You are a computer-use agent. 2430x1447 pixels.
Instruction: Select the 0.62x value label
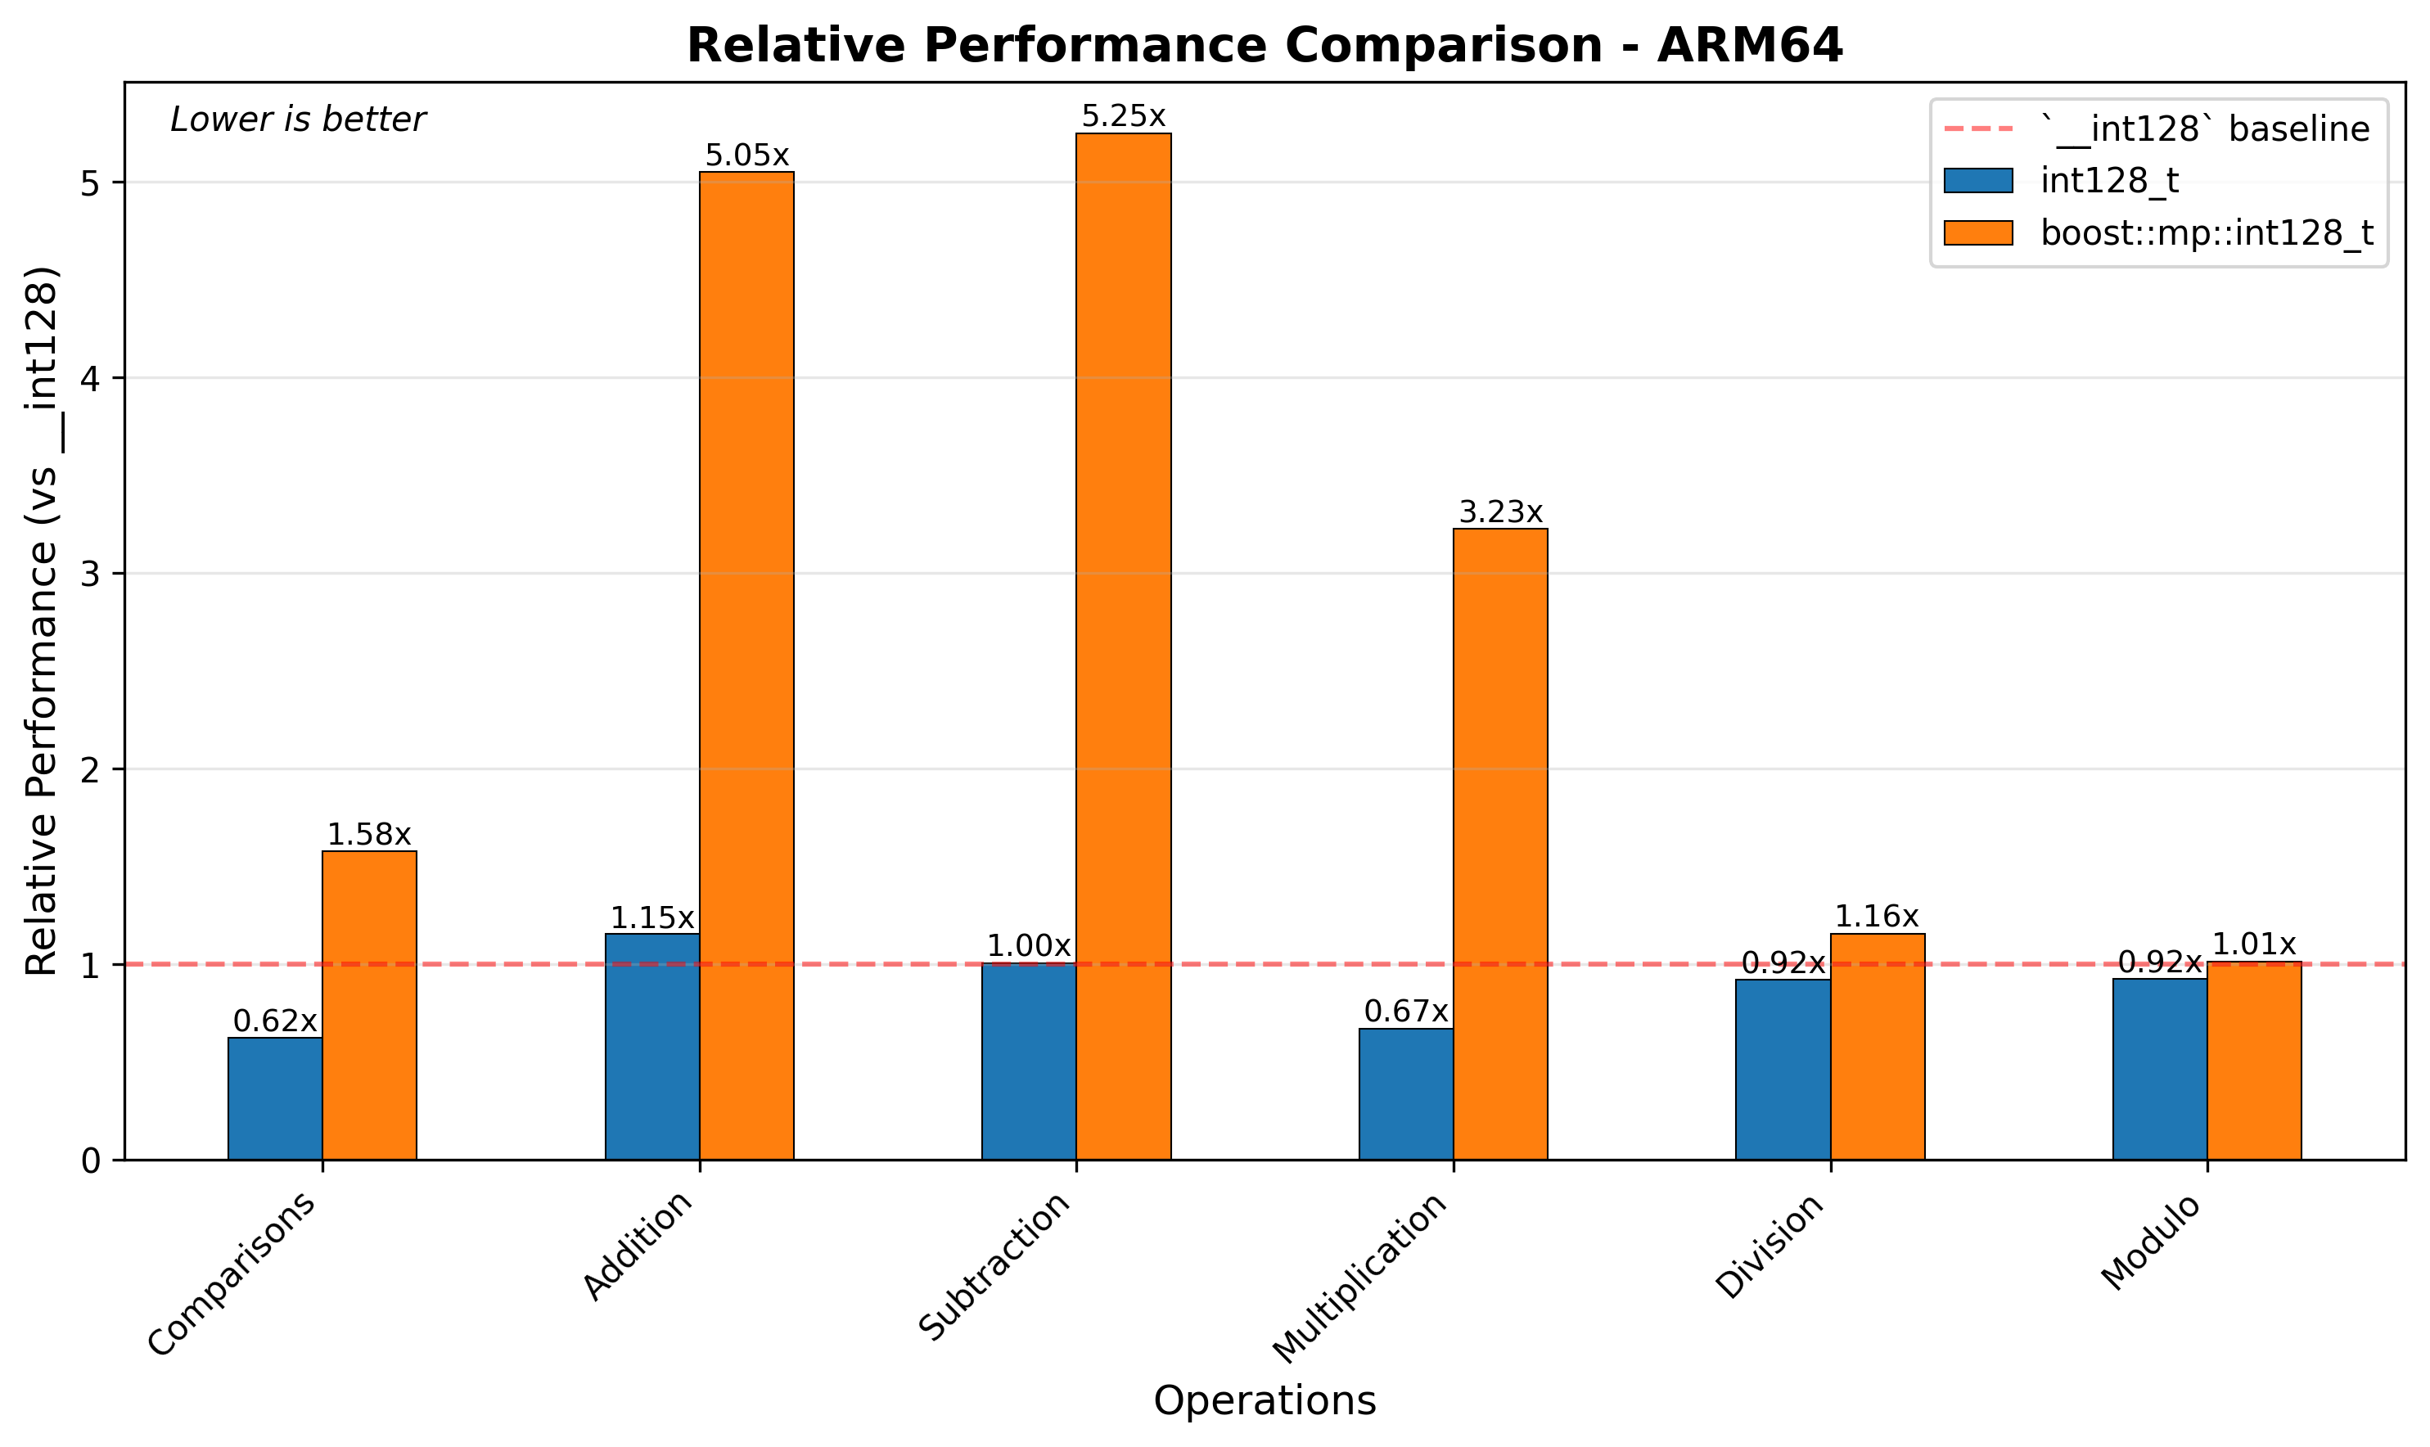[275, 1021]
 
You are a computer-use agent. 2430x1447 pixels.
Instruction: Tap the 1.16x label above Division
[1876, 917]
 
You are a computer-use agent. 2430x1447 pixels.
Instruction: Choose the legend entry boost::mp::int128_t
[2206, 233]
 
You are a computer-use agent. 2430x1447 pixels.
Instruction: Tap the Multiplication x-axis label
[1361, 1278]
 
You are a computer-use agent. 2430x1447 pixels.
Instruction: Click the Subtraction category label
[995, 1267]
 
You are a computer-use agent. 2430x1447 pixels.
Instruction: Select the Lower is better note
[297, 120]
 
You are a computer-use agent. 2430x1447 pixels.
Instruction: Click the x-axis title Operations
[1265, 1401]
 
